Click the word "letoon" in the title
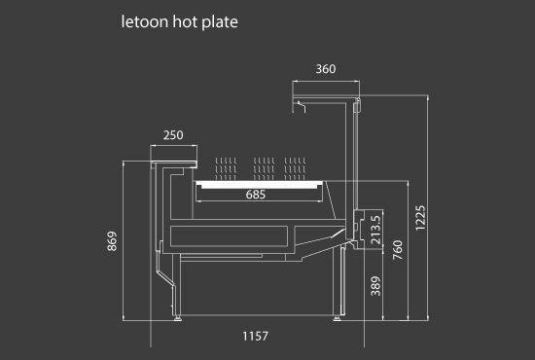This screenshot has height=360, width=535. [145, 21]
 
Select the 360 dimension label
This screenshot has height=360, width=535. [326, 69]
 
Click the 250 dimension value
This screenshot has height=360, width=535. [173, 135]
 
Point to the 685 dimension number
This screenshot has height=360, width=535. [256, 195]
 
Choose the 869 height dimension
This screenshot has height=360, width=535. [112, 241]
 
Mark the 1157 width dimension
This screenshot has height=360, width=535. [255, 336]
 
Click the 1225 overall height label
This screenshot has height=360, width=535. [420, 218]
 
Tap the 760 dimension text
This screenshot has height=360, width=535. [398, 250]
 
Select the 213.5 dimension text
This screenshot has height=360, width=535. [375, 230]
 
